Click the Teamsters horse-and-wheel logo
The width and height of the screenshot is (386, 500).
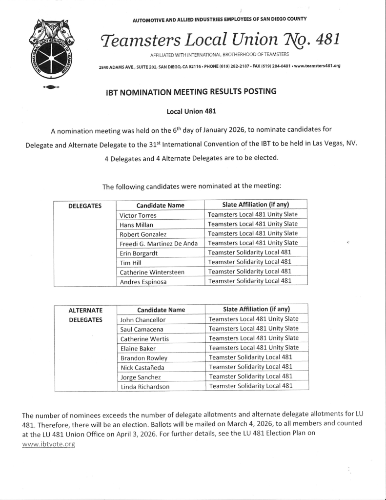[50, 49]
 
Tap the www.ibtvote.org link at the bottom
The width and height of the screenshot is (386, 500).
[49, 444]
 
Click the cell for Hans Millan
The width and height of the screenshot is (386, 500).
[136, 225]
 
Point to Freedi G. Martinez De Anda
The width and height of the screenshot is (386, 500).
[159, 244]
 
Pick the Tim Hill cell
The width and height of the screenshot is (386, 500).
[130, 263]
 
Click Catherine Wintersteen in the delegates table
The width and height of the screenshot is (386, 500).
[152, 272]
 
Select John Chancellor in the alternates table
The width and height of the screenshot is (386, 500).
[143, 320]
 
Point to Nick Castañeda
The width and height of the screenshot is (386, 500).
[142, 367]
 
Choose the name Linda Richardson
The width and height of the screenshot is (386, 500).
[145, 387]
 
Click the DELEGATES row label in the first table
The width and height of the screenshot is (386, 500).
[84, 206]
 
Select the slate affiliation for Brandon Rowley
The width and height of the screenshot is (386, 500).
[250, 357]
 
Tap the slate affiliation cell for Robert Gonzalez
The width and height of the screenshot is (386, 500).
[252, 233]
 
